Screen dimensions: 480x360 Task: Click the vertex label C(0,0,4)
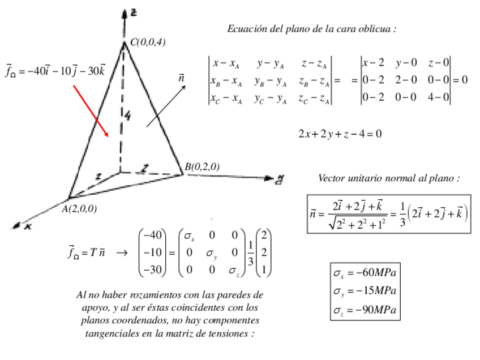click(148, 42)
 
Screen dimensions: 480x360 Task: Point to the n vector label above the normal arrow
click(181, 76)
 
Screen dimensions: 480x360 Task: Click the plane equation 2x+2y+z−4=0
click(340, 134)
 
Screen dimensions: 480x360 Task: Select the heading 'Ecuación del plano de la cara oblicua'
click(312, 28)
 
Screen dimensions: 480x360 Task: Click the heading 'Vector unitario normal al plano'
click(389, 178)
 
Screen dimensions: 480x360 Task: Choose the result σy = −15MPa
click(365, 292)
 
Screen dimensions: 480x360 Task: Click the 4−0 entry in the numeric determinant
click(439, 97)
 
